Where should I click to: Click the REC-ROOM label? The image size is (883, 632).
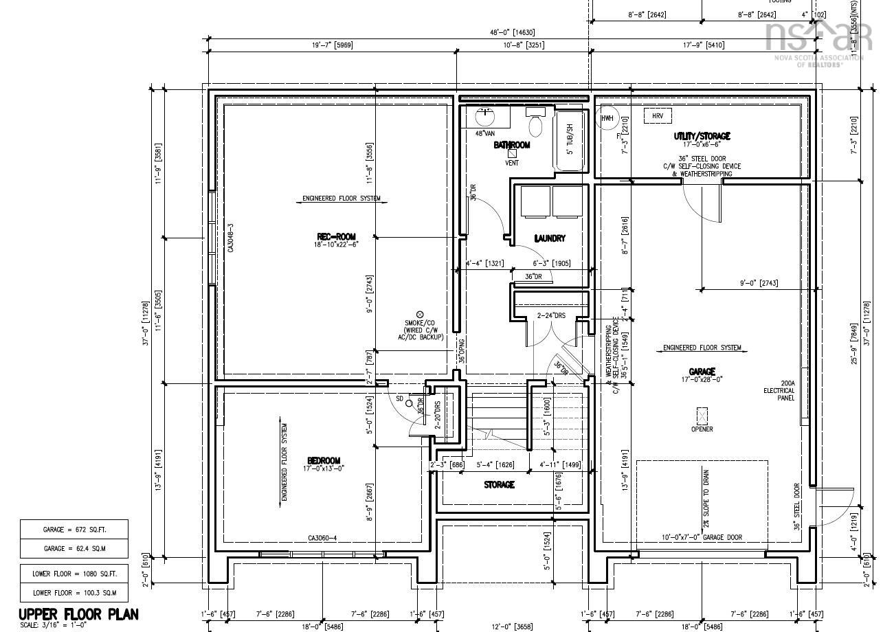click(337, 237)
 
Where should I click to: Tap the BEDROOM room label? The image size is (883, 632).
click(323, 461)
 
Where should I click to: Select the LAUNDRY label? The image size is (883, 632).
click(550, 238)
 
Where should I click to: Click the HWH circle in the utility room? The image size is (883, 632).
click(607, 118)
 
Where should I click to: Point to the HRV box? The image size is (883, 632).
click(658, 116)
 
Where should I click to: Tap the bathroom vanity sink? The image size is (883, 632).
click(487, 114)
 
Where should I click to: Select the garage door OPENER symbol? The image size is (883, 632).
click(702, 416)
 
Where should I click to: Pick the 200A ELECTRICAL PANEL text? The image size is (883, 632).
click(779, 391)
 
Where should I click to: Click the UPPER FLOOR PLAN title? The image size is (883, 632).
click(78, 614)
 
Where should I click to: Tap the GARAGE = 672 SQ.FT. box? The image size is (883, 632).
click(74, 530)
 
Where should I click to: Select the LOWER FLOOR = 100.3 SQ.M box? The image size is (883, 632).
click(74, 592)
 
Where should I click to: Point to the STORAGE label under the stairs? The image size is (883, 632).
click(499, 485)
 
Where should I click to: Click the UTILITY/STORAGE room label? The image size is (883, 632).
click(702, 137)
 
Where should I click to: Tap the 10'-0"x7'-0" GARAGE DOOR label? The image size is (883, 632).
click(702, 537)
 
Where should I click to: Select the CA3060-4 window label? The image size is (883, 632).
click(322, 538)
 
